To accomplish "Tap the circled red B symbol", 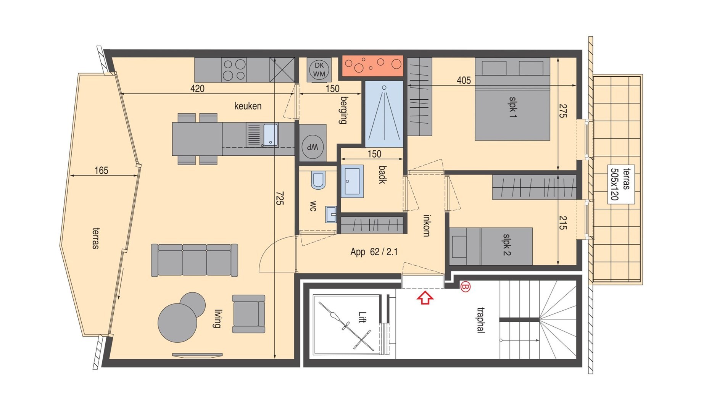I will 465,286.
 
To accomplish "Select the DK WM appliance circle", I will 319,69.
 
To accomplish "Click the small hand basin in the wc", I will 331,214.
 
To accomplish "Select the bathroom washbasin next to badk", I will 352,181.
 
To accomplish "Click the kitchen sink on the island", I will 270,135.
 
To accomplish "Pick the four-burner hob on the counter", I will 234,69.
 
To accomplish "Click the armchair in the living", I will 248,314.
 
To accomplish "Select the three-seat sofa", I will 194,260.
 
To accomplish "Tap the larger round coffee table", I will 177,323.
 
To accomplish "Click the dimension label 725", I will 280,198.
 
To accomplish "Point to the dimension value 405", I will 464,80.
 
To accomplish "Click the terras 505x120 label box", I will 620,184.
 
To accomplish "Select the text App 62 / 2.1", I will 374,252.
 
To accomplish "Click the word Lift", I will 362,317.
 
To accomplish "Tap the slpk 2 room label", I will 506,245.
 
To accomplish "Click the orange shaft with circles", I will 372,66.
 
